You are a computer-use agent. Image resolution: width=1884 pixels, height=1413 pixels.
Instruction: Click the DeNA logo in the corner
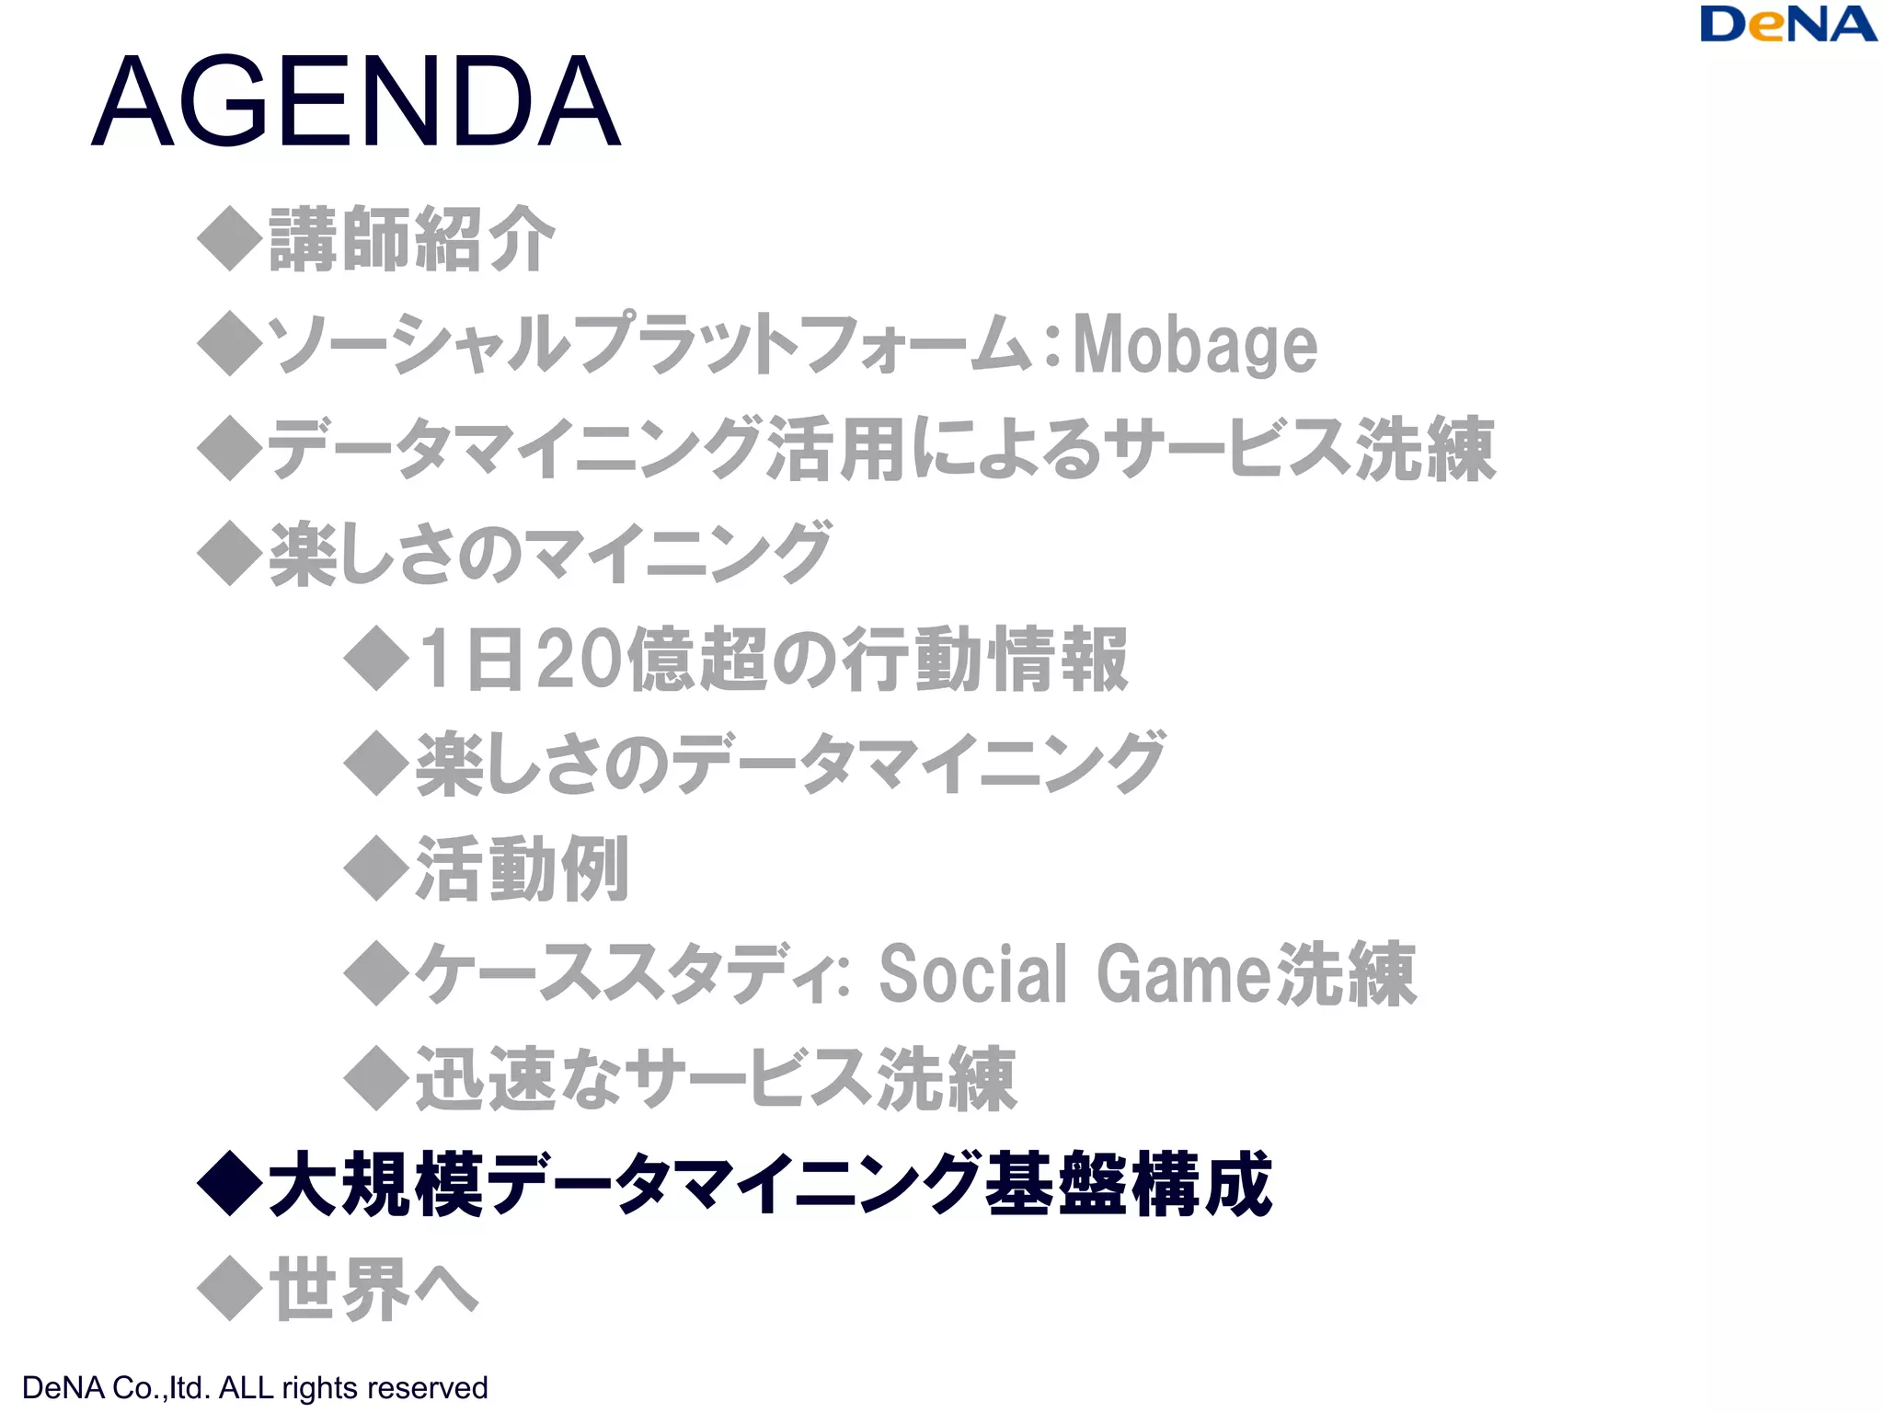pyautogui.click(x=1787, y=25)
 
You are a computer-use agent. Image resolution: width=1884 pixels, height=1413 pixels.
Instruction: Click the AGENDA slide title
pyautogui.click(x=356, y=102)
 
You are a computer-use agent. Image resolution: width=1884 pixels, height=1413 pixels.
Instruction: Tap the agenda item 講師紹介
pyautogui.click(x=411, y=239)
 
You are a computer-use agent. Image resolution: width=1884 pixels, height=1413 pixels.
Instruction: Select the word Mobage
pyautogui.click(x=1195, y=344)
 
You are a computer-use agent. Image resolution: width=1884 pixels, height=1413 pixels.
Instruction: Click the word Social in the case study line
pyautogui.click(x=973, y=973)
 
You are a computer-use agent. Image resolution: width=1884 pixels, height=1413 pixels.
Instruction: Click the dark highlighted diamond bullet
pyautogui.click(x=230, y=1184)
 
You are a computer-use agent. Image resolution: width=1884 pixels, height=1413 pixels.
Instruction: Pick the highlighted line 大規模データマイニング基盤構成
pyautogui.click(x=769, y=1184)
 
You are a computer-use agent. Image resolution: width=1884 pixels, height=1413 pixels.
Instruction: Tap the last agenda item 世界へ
pyautogui.click(x=373, y=1289)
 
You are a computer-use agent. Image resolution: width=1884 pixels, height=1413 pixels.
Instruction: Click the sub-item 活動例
pyautogui.click(x=522, y=868)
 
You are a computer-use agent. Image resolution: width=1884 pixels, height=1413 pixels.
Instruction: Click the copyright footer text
pyautogui.click(x=255, y=1387)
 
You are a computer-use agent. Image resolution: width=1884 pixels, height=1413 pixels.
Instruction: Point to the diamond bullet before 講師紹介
pyautogui.click(x=230, y=239)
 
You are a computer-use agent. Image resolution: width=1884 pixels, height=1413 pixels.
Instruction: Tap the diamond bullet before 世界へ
pyautogui.click(x=230, y=1289)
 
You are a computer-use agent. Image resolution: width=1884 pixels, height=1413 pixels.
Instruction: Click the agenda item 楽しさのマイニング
pyautogui.click(x=550, y=554)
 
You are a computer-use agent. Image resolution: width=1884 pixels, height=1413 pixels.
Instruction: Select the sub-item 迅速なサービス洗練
pyautogui.click(x=716, y=1078)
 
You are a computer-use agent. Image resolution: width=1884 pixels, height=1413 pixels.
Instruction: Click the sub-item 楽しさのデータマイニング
pyautogui.click(x=790, y=764)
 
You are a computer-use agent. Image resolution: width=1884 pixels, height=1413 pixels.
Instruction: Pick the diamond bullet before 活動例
pyautogui.click(x=376, y=868)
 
